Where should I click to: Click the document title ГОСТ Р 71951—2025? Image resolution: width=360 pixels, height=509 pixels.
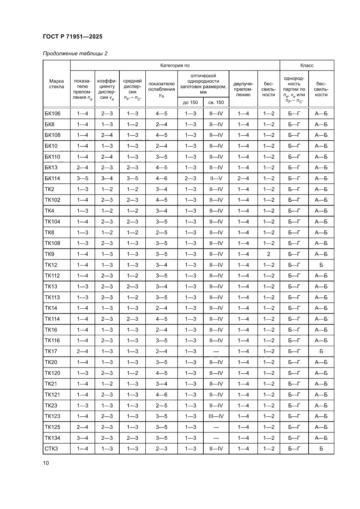click(73, 37)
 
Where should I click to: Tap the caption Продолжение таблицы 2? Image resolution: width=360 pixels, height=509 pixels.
click(75, 54)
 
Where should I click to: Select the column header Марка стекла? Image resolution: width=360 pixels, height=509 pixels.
click(57, 84)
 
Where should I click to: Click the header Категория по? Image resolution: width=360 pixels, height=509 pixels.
click(175, 65)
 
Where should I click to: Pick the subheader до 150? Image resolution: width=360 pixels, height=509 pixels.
click(191, 102)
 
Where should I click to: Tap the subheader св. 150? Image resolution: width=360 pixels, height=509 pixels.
click(216, 102)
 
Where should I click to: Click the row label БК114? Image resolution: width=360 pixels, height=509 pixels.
click(52, 179)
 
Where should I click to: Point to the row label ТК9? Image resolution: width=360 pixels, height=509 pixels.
click(49, 254)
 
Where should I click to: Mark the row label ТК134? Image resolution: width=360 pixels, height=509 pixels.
click(52, 438)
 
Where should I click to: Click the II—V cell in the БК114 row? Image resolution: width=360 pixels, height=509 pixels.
click(216, 179)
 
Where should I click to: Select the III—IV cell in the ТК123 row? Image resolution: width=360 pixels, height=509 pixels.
click(216, 416)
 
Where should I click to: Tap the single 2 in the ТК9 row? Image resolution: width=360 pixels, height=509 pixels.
click(269, 254)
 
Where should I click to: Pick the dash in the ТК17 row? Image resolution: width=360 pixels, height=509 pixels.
click(216, 351)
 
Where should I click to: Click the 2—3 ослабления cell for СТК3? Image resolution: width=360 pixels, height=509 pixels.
click(161, 448)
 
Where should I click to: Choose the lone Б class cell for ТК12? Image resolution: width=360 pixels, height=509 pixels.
click(321, 265)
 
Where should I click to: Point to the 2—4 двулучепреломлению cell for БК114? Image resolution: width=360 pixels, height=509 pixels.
click(243, 179)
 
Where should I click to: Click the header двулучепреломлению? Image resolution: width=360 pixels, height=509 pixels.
click(243, 88)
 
